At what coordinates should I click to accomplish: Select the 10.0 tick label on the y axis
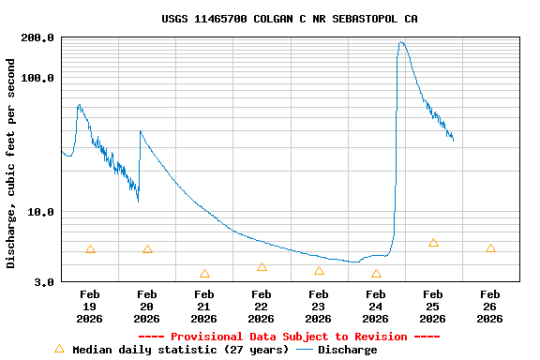(40, 212)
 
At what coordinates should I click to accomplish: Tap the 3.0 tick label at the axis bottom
(43, 281)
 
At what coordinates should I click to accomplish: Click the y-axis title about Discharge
(11, 163)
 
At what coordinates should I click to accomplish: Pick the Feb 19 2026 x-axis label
(90, 307)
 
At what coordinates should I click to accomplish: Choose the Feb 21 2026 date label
(204, 307)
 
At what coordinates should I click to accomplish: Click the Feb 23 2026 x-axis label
(319, 307)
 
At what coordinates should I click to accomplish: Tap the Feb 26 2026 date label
(490, 307)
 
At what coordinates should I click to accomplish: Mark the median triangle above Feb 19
(90, 249)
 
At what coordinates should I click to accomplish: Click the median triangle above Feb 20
(147, 249)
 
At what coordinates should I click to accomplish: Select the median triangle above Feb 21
(204, 274)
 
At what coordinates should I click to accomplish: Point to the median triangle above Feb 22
(262, 267)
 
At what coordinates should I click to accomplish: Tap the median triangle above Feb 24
(376, 274)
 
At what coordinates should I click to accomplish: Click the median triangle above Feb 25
(433, 243)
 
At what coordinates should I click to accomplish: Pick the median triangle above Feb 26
(490, 248)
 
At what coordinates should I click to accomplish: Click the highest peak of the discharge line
(401, 42)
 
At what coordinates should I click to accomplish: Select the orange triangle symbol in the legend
(59, 349)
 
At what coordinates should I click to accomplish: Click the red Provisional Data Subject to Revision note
(290, 337)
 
